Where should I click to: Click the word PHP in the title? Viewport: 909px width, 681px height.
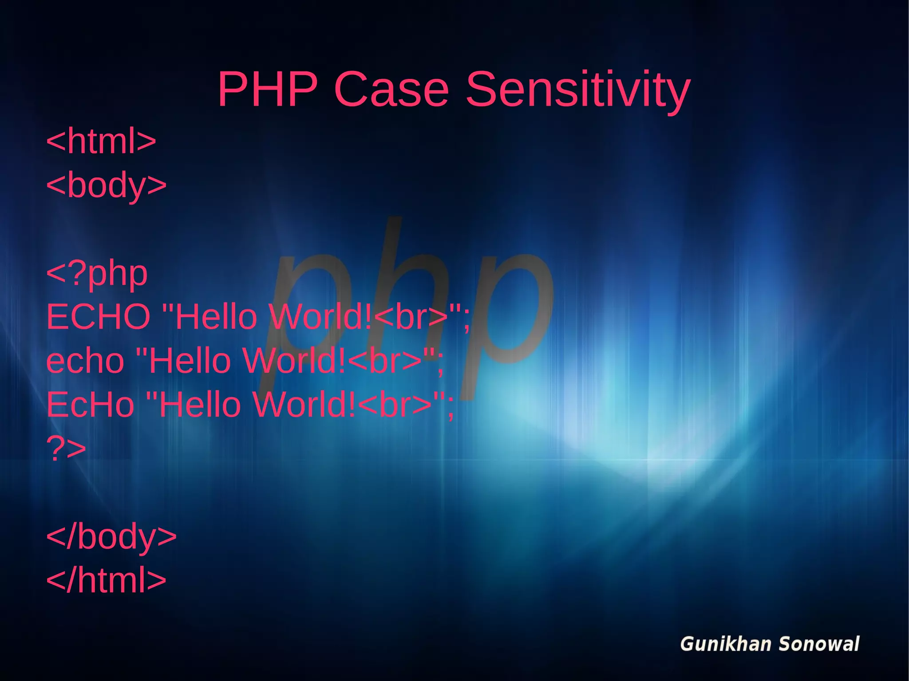coord(268,90)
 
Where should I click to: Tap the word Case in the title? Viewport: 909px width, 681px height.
coord(391,90)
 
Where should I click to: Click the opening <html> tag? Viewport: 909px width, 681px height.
coord(101,141)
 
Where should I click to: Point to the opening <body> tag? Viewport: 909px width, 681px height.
coord(107,185)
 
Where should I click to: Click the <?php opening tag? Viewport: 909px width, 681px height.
coord(97,274)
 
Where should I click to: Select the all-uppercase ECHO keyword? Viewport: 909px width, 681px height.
coord(99,317)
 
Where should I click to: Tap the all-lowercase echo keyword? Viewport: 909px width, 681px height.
coord(85,361)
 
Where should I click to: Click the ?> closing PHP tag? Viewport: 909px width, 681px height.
coord(66,449)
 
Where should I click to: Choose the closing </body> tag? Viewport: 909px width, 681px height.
coord(111,536)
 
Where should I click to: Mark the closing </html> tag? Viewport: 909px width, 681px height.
coord(106,580)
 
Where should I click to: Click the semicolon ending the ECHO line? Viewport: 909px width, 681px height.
coord(466,319)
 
